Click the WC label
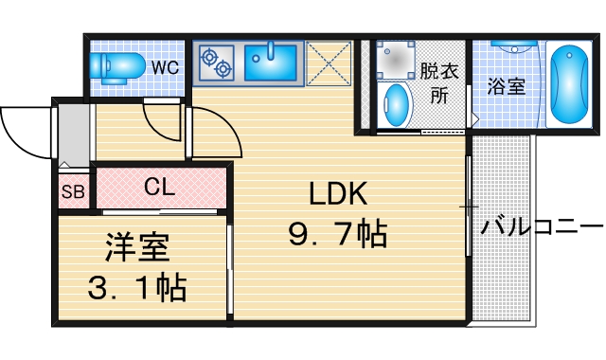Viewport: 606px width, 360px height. [x=165, y=67]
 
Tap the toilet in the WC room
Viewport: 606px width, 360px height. [x=117, y=66]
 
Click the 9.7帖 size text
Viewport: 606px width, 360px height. [x=337, y=232]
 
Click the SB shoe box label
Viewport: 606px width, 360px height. [x=73, y=193]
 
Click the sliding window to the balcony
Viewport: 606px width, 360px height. [x=469, y=206]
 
